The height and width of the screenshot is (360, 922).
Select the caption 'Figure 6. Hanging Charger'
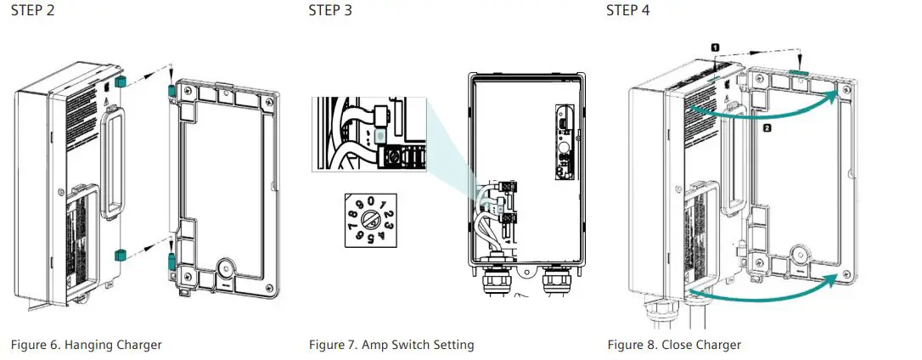click(x=86, y=345)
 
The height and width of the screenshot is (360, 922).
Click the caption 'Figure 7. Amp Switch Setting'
click(x=391, y=345)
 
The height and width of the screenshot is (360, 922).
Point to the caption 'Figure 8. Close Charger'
click(x=674, y=345)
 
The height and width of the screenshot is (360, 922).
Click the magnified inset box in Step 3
click(x=371, y=134)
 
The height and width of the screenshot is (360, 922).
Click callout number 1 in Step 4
click(x=715, y=49)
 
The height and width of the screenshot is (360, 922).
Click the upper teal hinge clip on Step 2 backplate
click(x=171, y=90)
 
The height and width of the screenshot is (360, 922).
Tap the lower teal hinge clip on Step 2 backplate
click(x=171, y=258)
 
